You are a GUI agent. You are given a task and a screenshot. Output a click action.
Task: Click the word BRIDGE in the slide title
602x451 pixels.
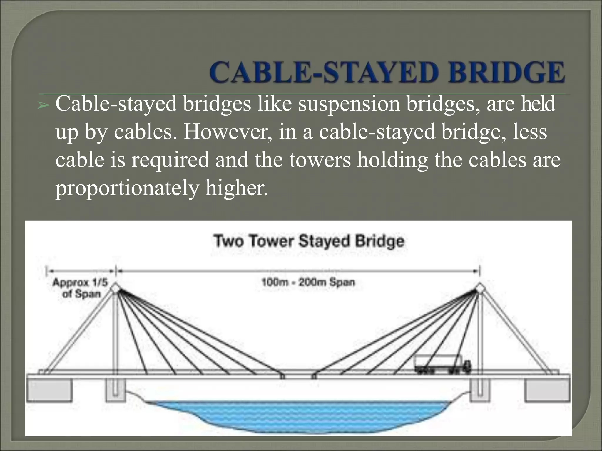(x=497, y=73)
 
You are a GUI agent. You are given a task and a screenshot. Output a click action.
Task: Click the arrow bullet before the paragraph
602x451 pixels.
(x=43, y=105)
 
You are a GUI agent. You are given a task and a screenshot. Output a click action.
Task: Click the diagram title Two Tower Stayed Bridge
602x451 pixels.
(x=309, y=241)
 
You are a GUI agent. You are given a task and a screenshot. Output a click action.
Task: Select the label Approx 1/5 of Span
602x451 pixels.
(x=80, y=288)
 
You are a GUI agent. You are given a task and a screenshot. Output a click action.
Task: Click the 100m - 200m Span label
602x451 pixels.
(x=308, y=282)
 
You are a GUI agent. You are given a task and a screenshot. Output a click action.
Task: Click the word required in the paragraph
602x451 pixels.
(x=170, y=160)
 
